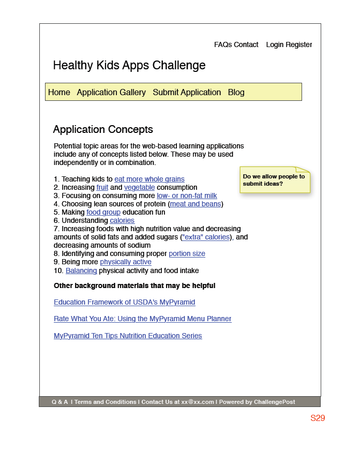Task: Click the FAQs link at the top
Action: click(x=223, y=45)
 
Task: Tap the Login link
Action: click(x=275, y=45)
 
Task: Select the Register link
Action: click(x=299, y=45)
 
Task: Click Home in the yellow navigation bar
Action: click(x=59, y=93)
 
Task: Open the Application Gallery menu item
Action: click(x=111, y=93)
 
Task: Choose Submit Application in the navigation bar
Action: click(x=187, y=93)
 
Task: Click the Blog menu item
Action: click(x=236, y=93)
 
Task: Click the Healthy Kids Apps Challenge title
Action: click(x=129, y=66)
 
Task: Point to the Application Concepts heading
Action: click(x=103, y=130)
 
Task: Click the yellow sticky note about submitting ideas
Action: click(x=274, y=180)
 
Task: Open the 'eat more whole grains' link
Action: click(x=149, y=179)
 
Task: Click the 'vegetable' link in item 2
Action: click(x=140, y=188)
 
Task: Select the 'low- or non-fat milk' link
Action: click(x=187, y=196)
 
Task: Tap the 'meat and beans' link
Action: click(x=196, y=204)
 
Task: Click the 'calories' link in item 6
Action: click(x=122, y=221)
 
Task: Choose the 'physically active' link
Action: click(x=126, y=262)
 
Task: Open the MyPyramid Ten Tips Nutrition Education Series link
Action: click(x=128, y=336)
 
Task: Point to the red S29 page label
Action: click(x=318, y=418)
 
